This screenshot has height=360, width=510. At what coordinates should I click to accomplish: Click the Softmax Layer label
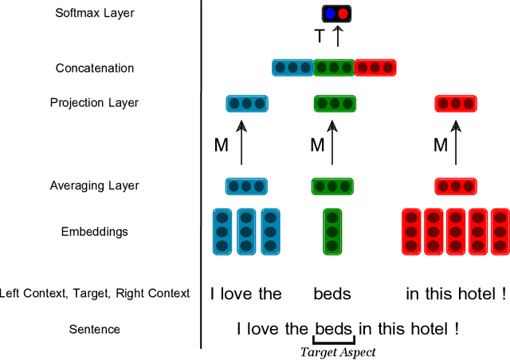coord(95,13)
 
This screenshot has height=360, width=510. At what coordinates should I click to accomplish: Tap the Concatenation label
coord(95,68)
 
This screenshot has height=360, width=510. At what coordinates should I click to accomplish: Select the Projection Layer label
coord(94,103)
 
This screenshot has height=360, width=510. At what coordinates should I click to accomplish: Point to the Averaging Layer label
coord(94,186)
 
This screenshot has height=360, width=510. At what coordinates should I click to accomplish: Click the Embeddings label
coord(95,232)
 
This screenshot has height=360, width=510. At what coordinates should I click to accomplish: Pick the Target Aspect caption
coord(337,351)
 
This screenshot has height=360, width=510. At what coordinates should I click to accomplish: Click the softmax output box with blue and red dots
coord(336,14)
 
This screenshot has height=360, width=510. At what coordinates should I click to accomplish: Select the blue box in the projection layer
coord(247,104)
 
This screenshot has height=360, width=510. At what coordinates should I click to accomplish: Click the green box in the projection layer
coord(334,104)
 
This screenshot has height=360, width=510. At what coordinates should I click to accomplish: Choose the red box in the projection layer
coord(456,104)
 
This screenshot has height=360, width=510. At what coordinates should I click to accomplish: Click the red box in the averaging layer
coord(456,186)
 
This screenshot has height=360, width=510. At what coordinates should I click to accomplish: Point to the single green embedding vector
coord(333,231)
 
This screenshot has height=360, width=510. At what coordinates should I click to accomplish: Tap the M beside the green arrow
coord(317,145)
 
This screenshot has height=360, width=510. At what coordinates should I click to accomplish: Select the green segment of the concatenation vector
coord(334,68)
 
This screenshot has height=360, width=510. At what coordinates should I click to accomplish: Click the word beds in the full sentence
coord(334,328)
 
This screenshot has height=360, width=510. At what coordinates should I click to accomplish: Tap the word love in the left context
coord(237,293)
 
